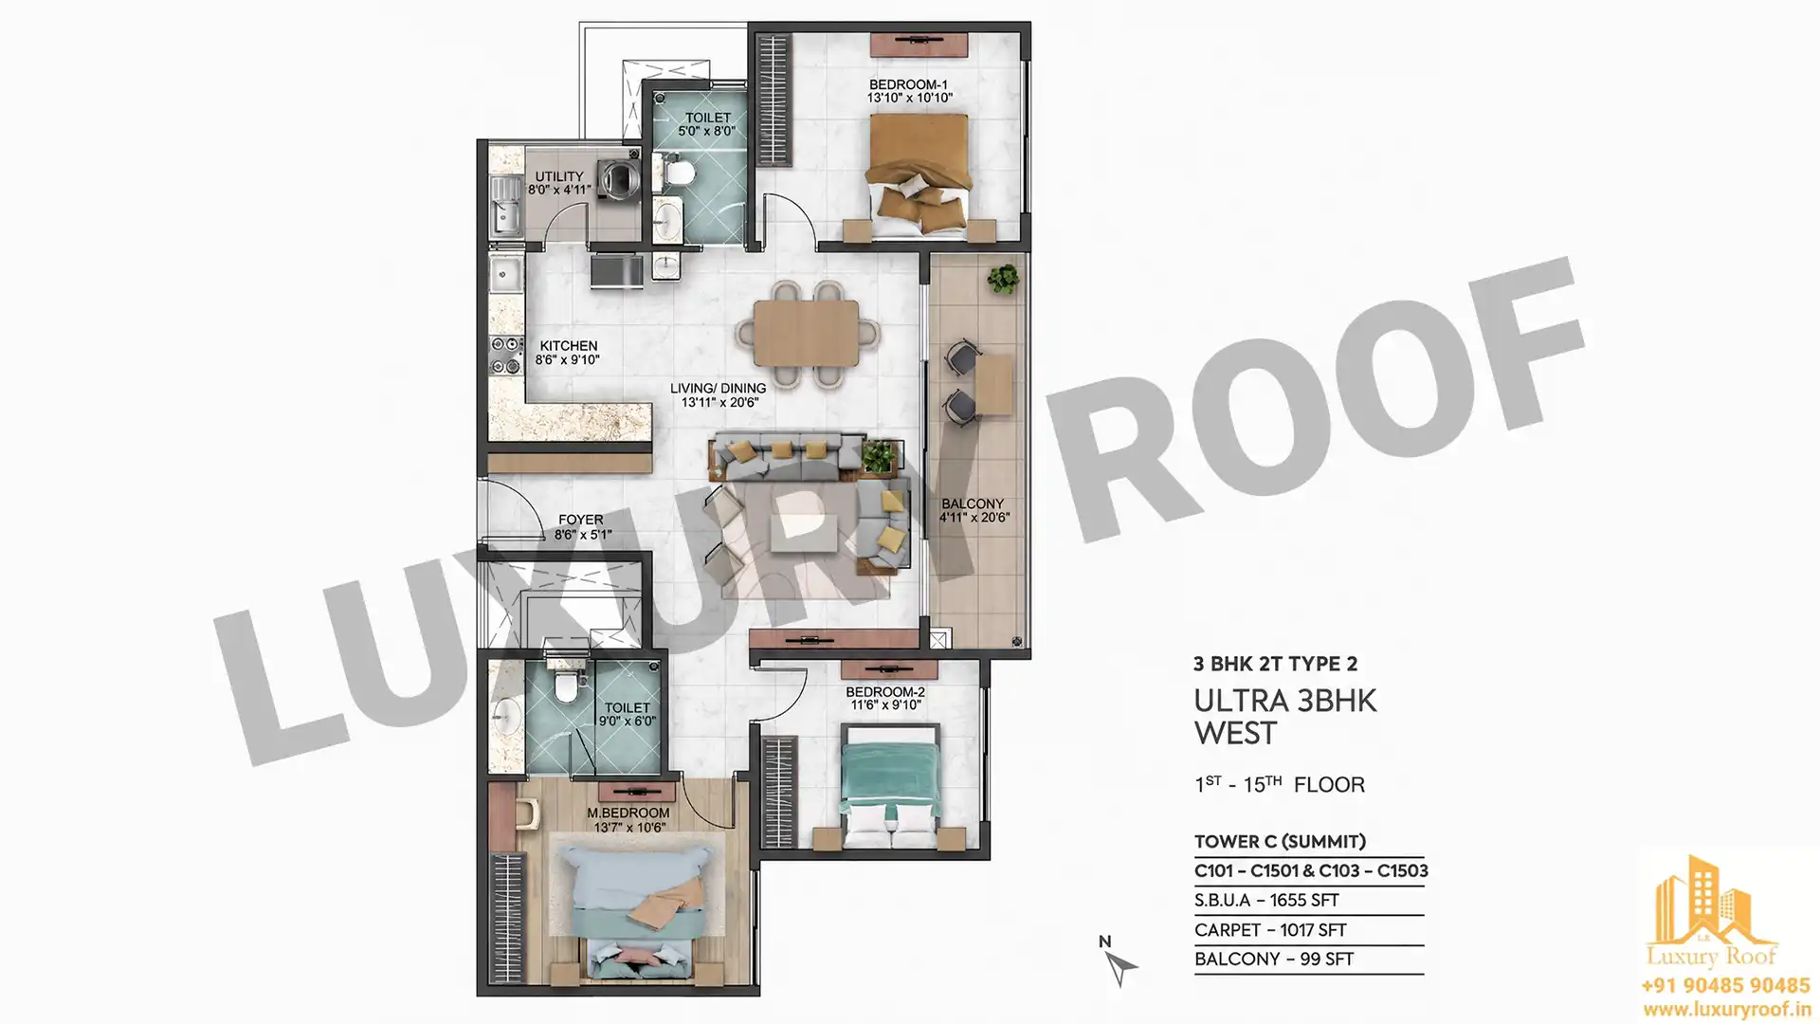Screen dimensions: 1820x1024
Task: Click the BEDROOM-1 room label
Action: [908, 85]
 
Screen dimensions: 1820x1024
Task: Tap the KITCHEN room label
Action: [569, 346]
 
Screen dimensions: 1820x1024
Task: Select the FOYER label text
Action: [581, 520]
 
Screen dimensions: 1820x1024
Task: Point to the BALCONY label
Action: [973, 503]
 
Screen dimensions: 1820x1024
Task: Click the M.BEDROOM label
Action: [628, 813]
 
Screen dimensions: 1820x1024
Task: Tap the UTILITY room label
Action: [559, 176]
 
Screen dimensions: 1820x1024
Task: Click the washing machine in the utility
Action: [620, 177]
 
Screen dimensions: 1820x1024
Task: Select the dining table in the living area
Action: [807, 333]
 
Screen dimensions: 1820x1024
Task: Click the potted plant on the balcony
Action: [1003, 279]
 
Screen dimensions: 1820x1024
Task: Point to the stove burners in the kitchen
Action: [506, 355]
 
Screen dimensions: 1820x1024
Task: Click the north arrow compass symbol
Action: [1119, 964]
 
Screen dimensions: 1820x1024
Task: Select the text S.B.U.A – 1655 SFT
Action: [1266, 900]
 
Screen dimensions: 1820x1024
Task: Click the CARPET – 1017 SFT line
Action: [1270, 930]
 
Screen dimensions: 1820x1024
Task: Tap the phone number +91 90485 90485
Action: [1725, 986]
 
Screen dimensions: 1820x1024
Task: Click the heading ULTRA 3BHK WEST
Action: [1284, 717]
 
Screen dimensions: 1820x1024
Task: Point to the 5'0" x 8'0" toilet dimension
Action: [706, 131]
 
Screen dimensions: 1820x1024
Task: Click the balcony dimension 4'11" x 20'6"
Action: [974, 518]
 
